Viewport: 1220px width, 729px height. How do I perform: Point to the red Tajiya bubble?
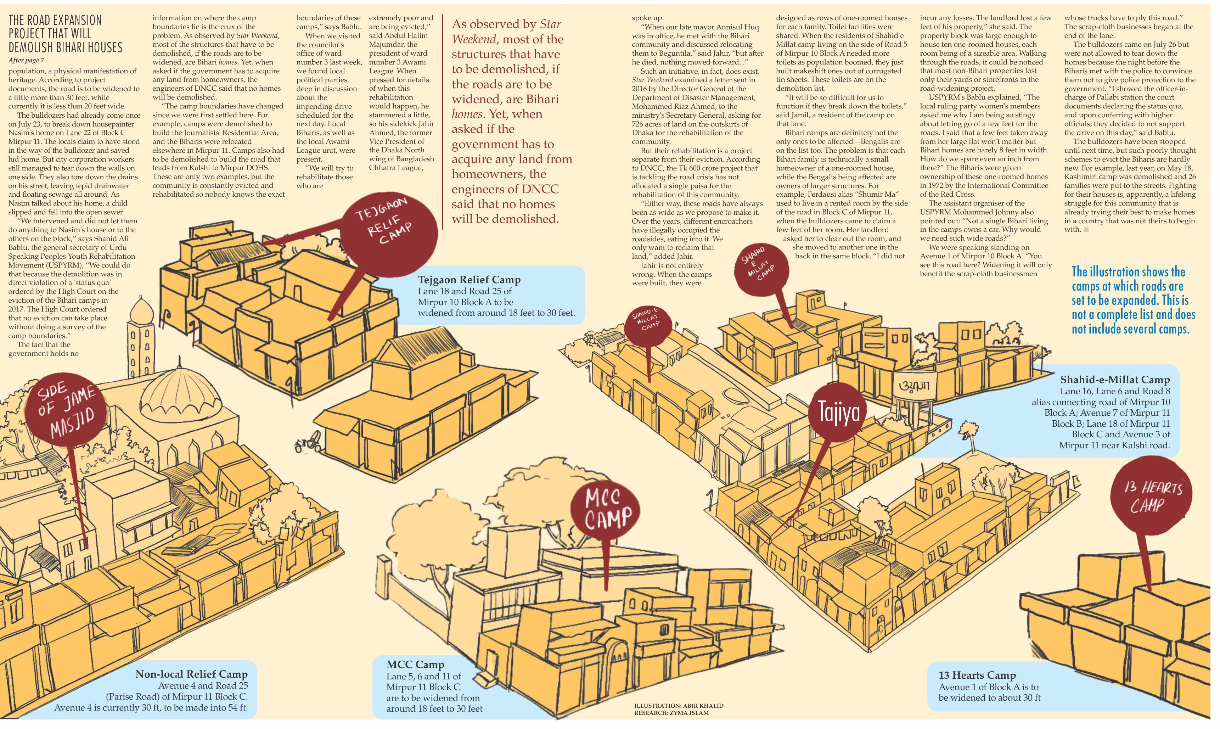(838, 412)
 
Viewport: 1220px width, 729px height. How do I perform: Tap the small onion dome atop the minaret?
(140, 309)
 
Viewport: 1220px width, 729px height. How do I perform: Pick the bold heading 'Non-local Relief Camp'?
(192, 674)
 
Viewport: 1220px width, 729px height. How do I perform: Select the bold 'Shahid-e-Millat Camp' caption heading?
(1115, 379)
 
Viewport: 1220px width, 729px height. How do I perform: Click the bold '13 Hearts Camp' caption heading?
(977, 675)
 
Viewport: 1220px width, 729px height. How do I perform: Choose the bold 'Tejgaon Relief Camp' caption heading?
(469, 280)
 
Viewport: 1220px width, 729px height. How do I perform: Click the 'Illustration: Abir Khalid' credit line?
(679, 706)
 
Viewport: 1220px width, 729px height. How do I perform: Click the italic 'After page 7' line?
(26, 60)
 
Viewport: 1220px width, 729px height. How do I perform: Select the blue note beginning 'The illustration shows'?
(1133, 300)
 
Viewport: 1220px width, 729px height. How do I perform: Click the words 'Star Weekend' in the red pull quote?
(506, 31)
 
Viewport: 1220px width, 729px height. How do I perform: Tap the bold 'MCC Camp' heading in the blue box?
(415, 664)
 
